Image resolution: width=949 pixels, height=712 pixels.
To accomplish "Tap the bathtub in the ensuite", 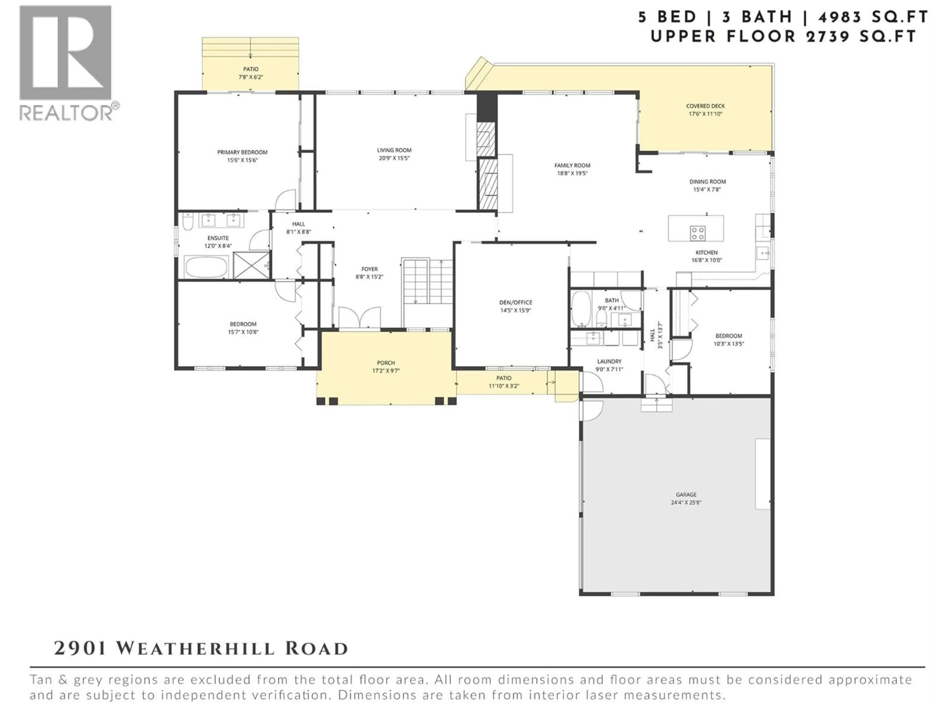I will pos(206,267).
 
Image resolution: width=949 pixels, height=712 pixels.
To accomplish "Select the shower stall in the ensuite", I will pos(251,266).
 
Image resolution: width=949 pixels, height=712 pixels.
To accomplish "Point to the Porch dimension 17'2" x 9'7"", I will pos(386,371).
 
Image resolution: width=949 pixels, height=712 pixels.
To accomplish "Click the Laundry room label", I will pos(609,361).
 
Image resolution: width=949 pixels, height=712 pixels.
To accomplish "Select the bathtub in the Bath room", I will pos(581,309).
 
